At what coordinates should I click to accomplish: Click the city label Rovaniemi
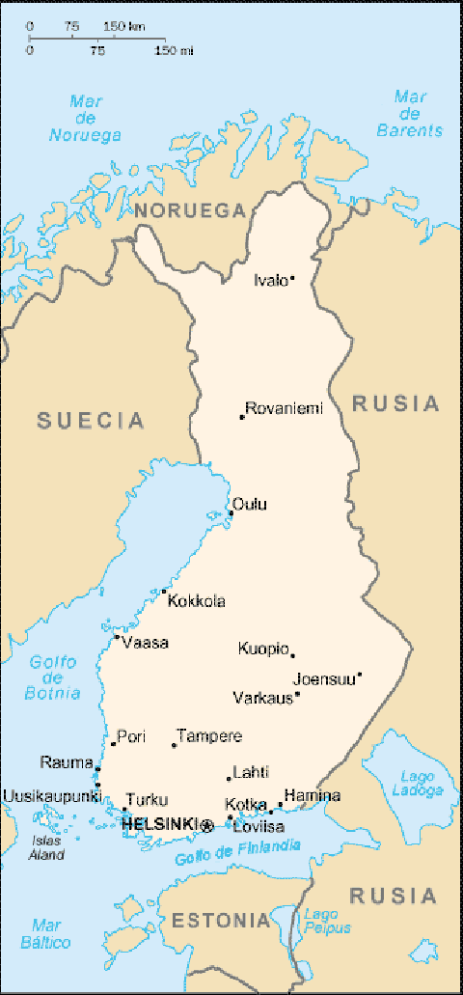click(x=284, y=408)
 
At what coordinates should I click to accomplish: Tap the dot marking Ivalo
click(x=292, y=280)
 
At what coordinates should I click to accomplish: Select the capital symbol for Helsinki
click(x=206, y=825)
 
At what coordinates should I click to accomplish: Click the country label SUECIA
click(x=91, y=420)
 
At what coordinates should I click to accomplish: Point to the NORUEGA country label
click(x=190, y=210)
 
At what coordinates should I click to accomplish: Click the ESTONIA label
click(x=221, y=921)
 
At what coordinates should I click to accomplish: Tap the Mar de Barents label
click(x=410, y=113)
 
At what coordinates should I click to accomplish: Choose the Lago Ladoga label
click(x=417, y=783)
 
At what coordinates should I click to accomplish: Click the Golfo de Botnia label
click(x=53, y=677)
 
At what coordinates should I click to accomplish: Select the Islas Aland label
click(x=45, y=847)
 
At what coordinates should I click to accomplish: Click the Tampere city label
click(x=209, y=736)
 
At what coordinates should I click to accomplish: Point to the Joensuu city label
click(x=323, y=677)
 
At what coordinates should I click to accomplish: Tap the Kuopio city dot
click(x=292, y=655)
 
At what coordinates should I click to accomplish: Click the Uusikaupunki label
click(x=51, y=796)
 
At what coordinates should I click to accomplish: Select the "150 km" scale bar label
click(x=124, y=26)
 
